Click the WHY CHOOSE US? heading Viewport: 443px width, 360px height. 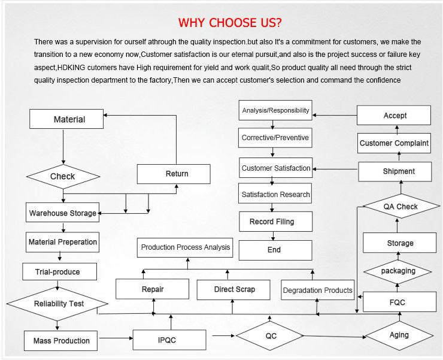point(230,23)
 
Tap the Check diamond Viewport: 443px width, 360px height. point(63,176)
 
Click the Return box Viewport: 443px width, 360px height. point(174,174)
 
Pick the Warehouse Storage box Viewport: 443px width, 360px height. point(62,213)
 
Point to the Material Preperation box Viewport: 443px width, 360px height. point(62,243)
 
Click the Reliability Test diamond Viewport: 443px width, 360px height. point(57,303)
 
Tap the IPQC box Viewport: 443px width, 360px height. point(163,340)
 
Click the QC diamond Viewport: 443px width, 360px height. point(271,336)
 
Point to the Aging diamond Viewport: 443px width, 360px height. point(399,335)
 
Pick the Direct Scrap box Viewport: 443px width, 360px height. point(234,289)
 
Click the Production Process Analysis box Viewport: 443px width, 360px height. point(185,247)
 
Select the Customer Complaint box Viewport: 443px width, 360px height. point(394,143)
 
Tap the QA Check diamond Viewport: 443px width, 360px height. point(400,207)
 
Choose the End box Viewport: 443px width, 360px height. point(275,250)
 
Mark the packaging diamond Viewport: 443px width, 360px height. point(398,271)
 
